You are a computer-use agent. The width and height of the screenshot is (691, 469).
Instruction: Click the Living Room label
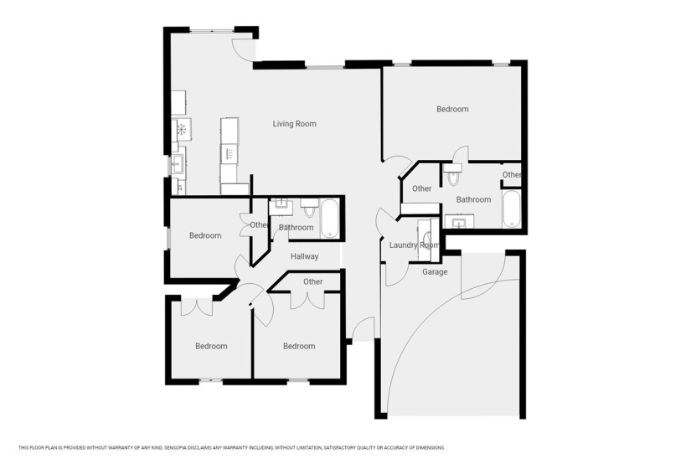coord(294,124)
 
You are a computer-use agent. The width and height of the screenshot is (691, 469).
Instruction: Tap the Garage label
coord(434,272)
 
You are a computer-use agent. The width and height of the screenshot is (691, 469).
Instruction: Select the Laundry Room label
coord(414,245)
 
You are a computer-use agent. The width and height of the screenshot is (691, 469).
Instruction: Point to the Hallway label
coord(304,257)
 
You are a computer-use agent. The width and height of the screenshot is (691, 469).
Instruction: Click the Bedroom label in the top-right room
coord(452,109)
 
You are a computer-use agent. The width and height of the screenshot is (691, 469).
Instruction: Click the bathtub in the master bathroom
coord(512,209)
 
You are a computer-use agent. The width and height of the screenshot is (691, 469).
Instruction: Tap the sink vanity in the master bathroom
coord(458,222)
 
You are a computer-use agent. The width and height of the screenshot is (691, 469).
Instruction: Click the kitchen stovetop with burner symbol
coord(181,129)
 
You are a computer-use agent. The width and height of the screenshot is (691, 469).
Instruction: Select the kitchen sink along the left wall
coord(178,164)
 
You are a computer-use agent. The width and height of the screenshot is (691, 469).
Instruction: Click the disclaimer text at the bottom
coord(231,447)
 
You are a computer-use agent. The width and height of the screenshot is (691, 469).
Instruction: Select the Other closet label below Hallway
coord(313,282)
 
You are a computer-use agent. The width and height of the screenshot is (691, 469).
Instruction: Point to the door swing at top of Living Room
coord(244,49)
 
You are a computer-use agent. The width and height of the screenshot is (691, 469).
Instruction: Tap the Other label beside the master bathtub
coord(512,175)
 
